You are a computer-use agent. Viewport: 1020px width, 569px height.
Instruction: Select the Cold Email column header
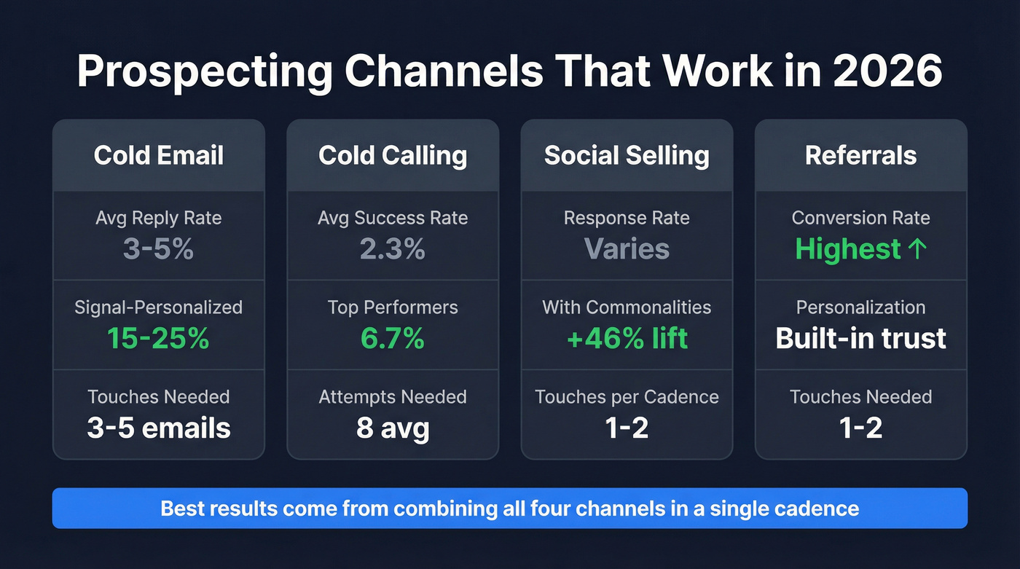[x=159, y=155]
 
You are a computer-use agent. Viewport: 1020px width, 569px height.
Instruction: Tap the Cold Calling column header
[x=393, y=155]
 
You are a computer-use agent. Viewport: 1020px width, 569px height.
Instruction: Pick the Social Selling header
[x=627, y=155]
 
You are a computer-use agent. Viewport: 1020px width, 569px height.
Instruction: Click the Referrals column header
[x=860, y=155]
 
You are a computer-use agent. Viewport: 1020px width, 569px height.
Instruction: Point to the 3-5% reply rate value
[x=159, y=249]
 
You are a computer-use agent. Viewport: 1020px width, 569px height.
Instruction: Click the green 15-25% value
[x=159, y=338]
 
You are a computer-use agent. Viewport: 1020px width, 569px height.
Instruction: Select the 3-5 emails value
[x=159, y=428]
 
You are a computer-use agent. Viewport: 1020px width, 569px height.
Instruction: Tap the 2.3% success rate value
[x=393, y=249]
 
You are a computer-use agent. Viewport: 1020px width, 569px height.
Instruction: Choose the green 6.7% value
[x=393, y=338]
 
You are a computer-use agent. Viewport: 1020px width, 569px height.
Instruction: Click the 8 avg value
[x=393, y=428]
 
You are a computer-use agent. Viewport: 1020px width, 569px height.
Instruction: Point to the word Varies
[x=627, y=249]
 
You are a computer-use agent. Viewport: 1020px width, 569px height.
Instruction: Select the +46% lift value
[x=627, y=338]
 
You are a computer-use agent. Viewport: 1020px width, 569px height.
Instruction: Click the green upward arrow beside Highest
[x=918, y=249]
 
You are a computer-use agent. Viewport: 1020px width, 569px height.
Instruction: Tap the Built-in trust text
[x=860, y=338]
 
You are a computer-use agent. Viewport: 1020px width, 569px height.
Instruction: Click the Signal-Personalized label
[x=159, y=307]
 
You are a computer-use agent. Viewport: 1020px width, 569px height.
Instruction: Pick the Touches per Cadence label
[x=627, y=397]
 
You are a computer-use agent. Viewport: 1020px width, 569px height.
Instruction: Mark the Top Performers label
[x=393, y=307]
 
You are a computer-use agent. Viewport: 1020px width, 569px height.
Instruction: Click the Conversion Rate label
[x=860, y=218]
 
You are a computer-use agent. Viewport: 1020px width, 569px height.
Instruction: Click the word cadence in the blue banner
[x=820, y=508]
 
